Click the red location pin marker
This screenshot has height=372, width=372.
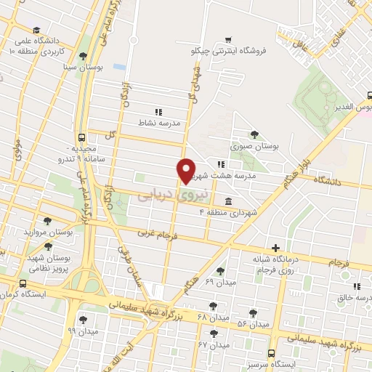pyautogui.click(x=186, y=170)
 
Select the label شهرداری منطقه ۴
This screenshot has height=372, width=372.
pyautogui.click(x=254, y=213)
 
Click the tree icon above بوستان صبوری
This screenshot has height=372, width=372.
pyautogui.click(x=254, y=133)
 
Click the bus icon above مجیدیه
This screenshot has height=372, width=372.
pyautogui.click(x=81, y=137)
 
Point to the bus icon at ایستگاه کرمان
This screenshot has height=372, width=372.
pyautogui.click(x=24, y=285)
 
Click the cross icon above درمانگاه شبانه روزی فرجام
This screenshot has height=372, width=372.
pyautogui.click(x=275, y=248)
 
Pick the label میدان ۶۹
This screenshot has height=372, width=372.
pyautogui.click(x=200, y=281)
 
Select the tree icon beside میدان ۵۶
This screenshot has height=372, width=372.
pyautogui.click(x=253, y=313)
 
